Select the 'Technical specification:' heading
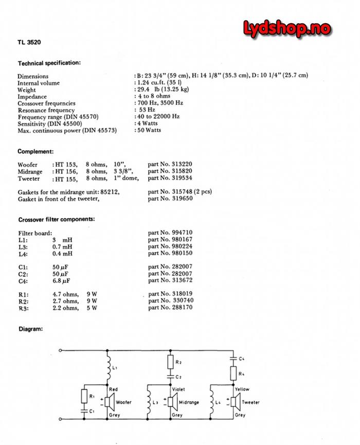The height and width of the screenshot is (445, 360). [x=49, y=63]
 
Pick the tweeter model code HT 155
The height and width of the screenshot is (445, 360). [x=66, y=179]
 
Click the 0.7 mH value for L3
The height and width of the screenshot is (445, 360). [x=63, y=246]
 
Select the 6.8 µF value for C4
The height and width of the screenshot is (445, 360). [x=61, y=281]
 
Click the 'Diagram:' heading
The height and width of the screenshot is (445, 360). [x=30, y=328]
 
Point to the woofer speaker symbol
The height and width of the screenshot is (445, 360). [x=109, y=402]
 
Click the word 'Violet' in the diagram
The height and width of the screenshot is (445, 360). [x=178, y=390]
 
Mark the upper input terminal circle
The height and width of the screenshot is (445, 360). [x=61, y=350]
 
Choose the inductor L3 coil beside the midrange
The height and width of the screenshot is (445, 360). [x=148, y=402]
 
